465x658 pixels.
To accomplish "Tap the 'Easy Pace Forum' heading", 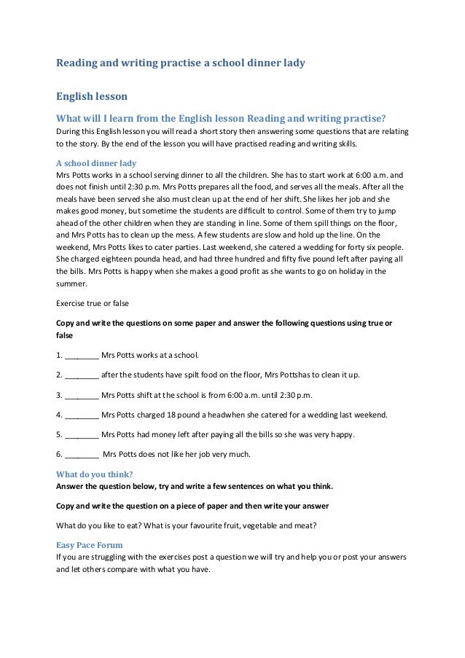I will [x=89, y=544].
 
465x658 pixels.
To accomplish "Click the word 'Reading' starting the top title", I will [x=80, y=63].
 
